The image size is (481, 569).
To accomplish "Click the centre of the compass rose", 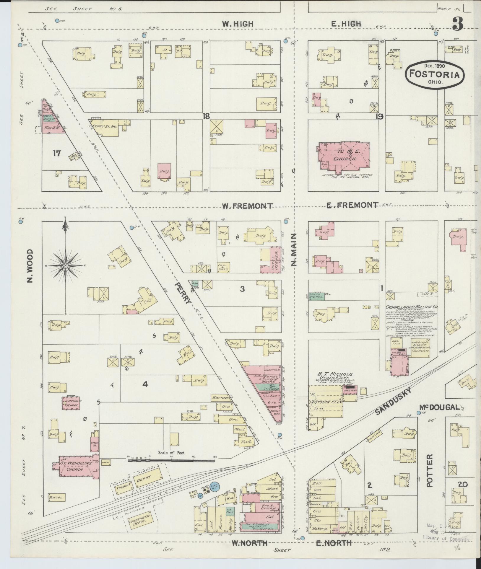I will [x=65, y=266].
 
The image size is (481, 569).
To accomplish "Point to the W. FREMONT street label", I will [x=247, y=206].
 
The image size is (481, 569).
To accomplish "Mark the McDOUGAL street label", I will [x=443, y=408].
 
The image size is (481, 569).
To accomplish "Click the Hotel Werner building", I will [x=275, y=260].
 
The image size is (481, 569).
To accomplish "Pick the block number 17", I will [x=57, y=153].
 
